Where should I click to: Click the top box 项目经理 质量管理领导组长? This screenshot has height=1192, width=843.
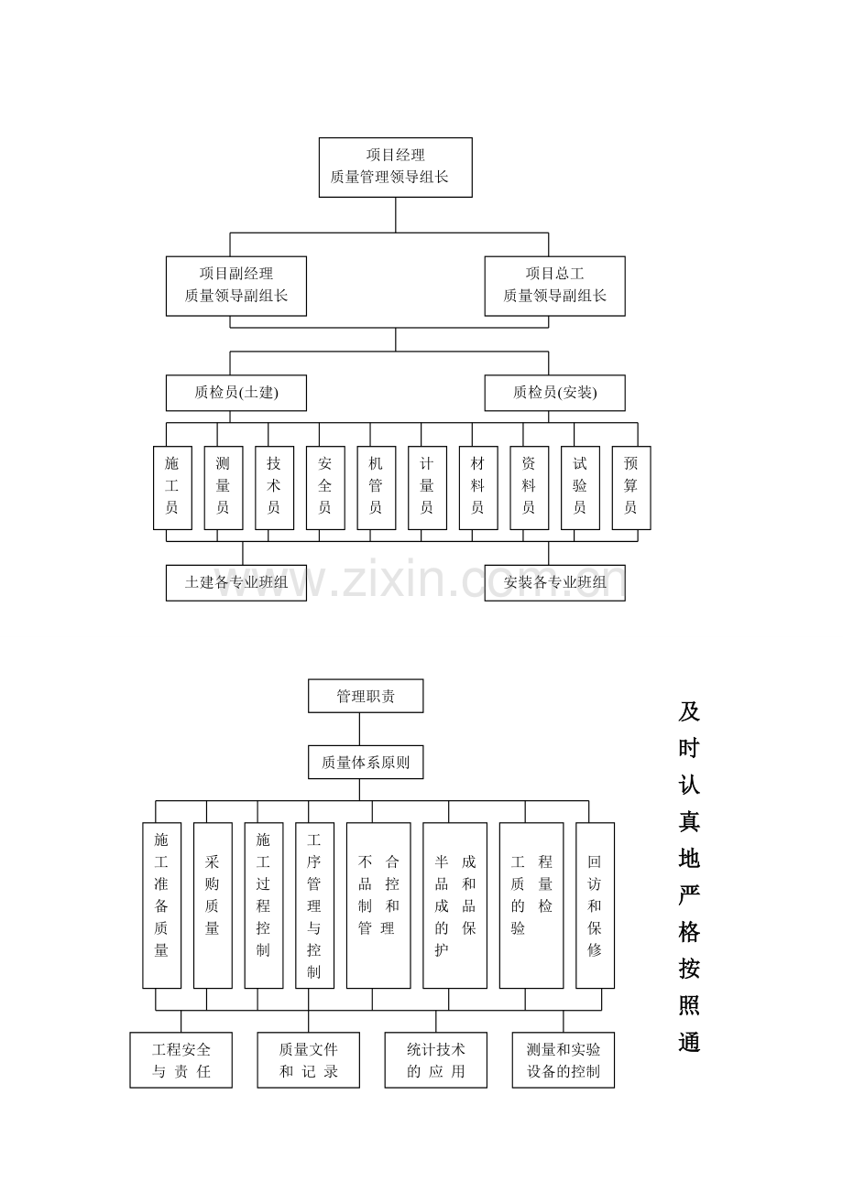pos(395,168)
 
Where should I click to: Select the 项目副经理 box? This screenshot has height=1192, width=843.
pos(235,286)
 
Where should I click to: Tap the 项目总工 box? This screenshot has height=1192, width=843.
pos(554,286)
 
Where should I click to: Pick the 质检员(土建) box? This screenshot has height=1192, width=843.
pos(235,393)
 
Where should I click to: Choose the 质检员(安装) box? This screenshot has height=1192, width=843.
pos(554,393)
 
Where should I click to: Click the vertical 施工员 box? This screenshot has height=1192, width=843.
pos(172,487)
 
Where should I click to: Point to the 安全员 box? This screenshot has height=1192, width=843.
pos(325,487)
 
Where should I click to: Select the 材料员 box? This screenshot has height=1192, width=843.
pos(478,487)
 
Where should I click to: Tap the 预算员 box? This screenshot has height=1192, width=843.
pos(631,487)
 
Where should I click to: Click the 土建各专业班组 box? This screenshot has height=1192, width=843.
pos(235,582)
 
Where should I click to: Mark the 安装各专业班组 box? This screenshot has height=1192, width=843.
pos(554,582)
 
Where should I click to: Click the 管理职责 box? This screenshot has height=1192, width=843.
pos(366,696)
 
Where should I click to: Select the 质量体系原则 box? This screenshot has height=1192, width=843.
pos(366,762)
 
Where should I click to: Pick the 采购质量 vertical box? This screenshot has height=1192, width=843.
pos(213,905)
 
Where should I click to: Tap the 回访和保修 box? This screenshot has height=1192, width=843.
pos(595,905)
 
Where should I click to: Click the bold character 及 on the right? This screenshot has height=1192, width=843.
pos(688,711)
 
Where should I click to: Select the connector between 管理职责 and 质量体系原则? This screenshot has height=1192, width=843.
pos(359,729)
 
